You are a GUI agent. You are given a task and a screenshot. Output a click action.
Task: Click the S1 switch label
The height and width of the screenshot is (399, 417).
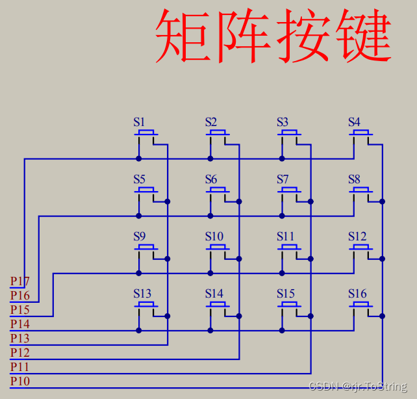coord(140,122)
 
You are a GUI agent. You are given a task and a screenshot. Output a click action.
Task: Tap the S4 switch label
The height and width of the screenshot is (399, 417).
coord(354,122)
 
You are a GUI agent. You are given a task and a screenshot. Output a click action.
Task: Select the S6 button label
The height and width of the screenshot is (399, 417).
coord(211,179)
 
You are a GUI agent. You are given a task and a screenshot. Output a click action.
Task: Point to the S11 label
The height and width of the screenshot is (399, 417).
coord(285,236)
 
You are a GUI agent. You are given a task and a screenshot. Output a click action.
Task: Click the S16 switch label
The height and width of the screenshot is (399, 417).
coord(357,293)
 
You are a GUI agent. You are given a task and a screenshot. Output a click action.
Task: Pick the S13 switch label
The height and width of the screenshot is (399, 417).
coord(142,293)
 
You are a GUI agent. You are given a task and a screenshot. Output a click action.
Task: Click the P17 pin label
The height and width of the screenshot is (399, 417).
coord(19,281)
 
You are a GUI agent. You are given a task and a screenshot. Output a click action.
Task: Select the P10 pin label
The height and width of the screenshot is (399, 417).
coord(19,381)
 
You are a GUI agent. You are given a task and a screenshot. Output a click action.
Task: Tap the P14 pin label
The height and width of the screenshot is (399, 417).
coord(19,324)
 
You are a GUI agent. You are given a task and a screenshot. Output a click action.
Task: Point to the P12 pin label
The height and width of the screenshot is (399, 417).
coord(19,352)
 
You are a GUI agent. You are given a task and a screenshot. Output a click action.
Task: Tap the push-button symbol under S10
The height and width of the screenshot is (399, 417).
coord(218,249)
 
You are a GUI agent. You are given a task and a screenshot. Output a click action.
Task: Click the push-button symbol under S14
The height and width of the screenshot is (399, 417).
coord(218,306)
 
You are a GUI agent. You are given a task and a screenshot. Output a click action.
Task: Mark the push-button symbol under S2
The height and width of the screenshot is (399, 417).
coord(218,135)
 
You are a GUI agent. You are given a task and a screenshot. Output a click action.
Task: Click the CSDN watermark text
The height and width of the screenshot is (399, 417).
coord(357,387)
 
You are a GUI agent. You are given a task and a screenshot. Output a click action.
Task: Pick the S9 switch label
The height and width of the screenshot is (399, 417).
coord(140,236)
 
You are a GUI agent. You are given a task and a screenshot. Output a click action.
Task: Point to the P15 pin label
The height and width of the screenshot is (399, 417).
coord(19,309)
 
